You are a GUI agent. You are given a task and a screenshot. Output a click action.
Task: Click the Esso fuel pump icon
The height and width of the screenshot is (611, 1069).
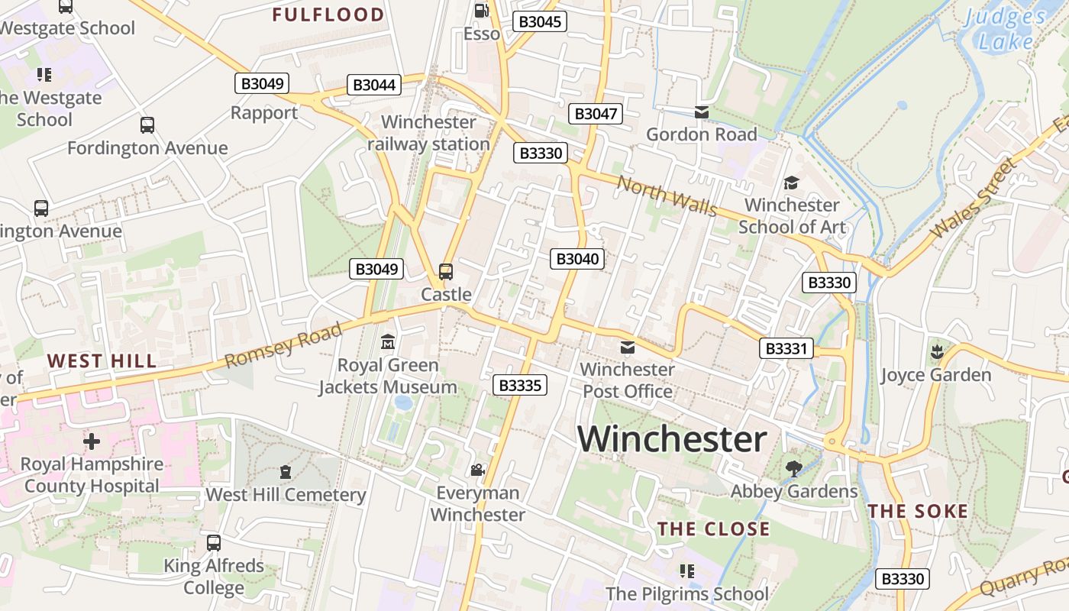tap(481, 11)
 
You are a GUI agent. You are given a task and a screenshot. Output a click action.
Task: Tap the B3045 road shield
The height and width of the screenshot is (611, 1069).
tap(540, 21)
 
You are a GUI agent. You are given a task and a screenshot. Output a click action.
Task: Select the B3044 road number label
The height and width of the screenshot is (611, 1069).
tap(374, 85)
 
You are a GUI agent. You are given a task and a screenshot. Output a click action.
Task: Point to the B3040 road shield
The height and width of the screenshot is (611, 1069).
tap(577, 259)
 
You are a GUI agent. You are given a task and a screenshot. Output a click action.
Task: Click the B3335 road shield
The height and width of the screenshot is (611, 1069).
tap(521, 385)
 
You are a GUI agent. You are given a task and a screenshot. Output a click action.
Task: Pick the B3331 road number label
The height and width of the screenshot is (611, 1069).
tap(786, 349)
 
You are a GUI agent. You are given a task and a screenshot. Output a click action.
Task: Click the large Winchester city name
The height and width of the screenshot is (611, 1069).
tap(672, 439)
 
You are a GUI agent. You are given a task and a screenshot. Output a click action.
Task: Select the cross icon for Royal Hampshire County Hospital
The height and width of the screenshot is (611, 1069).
tap(92, 441)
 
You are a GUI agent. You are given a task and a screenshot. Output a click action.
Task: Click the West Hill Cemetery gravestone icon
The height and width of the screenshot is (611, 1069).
tap(286, 472)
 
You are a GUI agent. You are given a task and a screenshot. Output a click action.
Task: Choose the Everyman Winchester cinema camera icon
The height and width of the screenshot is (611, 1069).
tap(477, 470)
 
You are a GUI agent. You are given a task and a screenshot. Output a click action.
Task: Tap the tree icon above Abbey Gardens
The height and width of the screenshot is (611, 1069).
tap(794, 468)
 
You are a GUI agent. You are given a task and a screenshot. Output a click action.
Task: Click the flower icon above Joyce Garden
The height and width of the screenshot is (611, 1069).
tap(935, 352)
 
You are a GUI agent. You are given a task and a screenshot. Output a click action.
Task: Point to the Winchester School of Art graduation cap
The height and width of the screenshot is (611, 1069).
tap(791, 183)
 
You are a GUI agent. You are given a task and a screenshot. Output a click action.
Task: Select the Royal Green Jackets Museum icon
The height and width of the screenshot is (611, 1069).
tap(388, 342)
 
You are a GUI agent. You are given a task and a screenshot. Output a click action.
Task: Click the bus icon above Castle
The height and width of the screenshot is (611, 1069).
tap(446, 271)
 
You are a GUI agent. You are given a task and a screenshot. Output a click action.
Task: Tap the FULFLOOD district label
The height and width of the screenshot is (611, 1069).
tap(328, 15)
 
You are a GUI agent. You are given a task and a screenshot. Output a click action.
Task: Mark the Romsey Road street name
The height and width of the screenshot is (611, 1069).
tap(283, 346)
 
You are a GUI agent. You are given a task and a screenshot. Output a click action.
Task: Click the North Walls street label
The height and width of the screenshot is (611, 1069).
tap(667, 196)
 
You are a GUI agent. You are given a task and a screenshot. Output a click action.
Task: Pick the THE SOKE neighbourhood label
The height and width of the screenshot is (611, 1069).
tap(918, 512)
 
